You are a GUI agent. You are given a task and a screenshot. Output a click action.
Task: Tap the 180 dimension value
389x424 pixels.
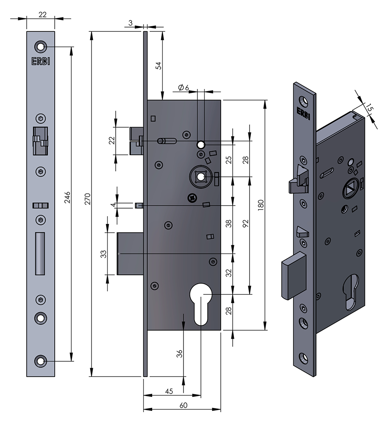261,205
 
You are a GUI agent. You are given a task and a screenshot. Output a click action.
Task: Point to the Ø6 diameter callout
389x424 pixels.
183,87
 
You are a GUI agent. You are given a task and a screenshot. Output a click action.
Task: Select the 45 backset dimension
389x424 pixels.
169,392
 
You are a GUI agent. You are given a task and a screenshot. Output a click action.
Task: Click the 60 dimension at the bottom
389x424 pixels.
183,405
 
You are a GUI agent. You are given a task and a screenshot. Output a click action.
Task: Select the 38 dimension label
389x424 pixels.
229,223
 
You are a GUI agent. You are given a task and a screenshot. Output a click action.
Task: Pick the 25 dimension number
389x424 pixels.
229,160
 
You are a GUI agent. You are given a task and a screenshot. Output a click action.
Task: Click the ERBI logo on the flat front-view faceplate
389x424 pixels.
41,61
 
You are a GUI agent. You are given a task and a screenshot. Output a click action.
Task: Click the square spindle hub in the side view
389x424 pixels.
201,176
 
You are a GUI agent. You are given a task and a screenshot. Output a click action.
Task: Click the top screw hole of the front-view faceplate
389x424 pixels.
41,46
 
